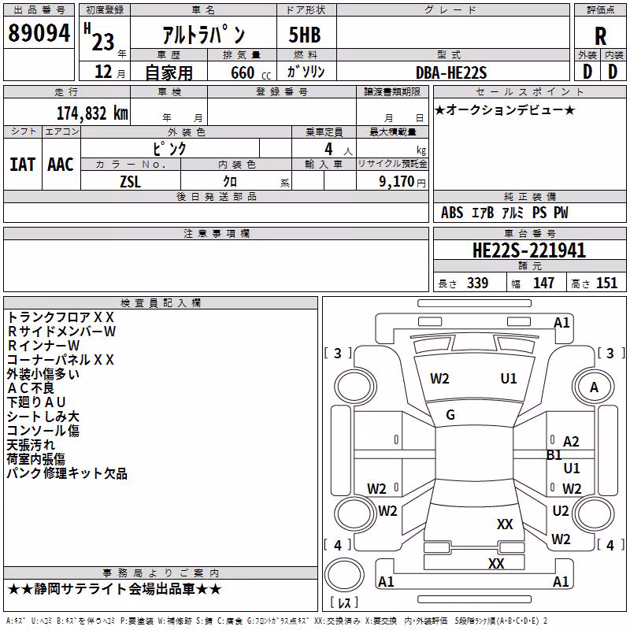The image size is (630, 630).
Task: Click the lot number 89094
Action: pyautogui.click(x=39, y=32)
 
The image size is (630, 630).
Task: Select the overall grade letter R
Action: pyautogui.click(x=600, y=36)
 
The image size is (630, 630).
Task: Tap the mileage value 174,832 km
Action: pyautogui.click(x=92, y=113)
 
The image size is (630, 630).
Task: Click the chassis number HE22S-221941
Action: pyautogui.click(x=529, y=250)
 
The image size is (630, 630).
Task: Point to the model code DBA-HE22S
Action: pyautogui.click(x=451, y=72)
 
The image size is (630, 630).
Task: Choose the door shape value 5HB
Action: pyautogui.click(x=305, y=35)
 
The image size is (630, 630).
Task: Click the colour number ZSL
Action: pyautogui.click(x=130, y=182)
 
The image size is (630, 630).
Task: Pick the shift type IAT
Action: pyautogui.click(x=22, y=165)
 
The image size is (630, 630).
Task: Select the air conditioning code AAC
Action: pyautogui.click(x=61, y=165)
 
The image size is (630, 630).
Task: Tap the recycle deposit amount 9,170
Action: pyautogui.click(x=397, y=182)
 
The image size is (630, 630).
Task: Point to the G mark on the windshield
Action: pyautogui.click(x=450, y=415)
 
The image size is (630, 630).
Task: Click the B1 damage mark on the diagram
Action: pyautogui.click(x=554, y=455)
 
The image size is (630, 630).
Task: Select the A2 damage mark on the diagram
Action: pyautogui.click(x=571, y=442)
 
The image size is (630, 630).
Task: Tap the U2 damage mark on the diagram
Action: pyautogui.click(x=561, y=511)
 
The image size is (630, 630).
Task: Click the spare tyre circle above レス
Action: pyautogui.click(x=344, y=576)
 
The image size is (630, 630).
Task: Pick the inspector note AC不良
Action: pyautogui.click(x=31, y=388)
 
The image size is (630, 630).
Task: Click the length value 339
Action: pyautogui.click(x=478, y=283)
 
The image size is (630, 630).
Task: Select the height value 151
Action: pyautogui.click(x=606, y=283)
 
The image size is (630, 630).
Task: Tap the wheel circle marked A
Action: pyautogui.click(x=594, y=387)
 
